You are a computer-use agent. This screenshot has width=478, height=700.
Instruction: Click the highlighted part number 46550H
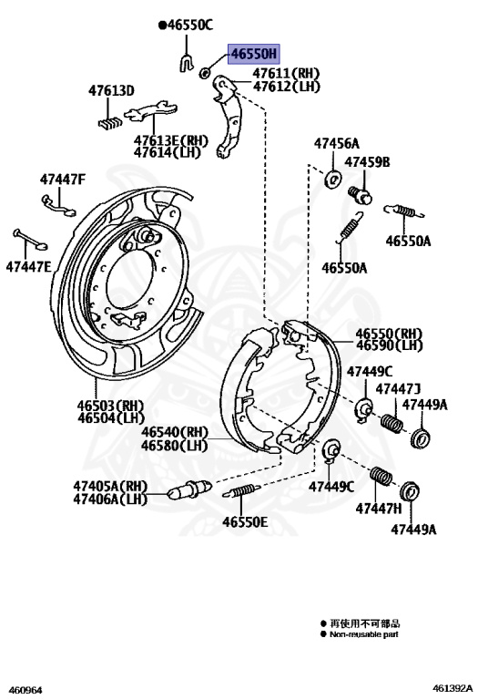[254, 54]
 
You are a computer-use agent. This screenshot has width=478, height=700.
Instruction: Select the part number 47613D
[111, 90]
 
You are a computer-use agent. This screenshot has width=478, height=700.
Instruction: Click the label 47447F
[63, 179]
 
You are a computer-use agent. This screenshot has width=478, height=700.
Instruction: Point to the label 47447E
[29, 267]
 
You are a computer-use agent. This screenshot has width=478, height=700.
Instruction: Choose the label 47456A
[337, 143]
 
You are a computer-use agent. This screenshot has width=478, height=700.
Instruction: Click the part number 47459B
[367, 161]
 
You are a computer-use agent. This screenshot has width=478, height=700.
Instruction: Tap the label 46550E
[245, 521]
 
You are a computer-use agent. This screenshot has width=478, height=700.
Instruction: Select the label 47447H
[379, 508]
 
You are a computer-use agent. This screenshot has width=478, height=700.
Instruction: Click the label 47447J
[398, 389]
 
